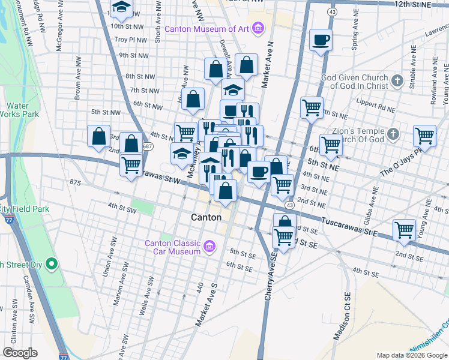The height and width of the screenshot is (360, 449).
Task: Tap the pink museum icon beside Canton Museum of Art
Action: tap(258, 28)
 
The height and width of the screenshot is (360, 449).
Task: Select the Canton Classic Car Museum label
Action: tap(172, 247)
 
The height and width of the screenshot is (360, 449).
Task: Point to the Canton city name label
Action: tap(206, 217)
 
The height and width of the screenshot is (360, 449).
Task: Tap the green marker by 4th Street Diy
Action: tap(52, 263)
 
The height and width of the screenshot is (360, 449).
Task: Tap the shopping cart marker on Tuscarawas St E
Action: tap(405, 229)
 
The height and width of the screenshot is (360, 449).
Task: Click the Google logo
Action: tap(20, 353)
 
